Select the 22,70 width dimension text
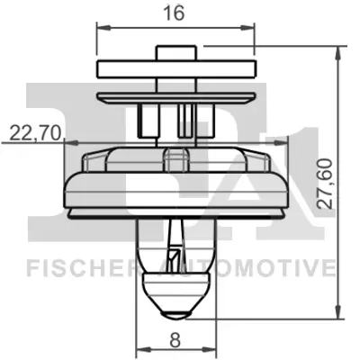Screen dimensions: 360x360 35,134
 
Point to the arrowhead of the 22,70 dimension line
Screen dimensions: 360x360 66,143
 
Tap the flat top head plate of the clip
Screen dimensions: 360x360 175,69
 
